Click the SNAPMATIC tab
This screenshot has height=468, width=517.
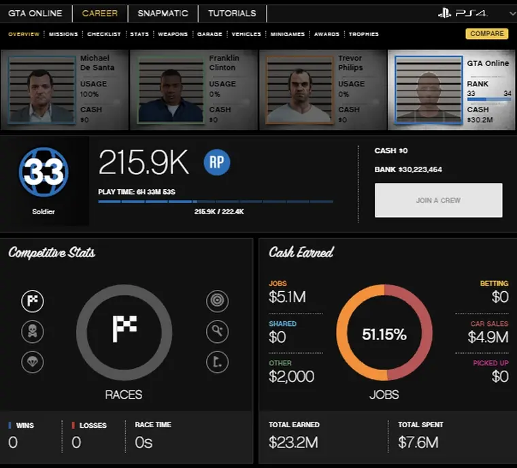(163, 13)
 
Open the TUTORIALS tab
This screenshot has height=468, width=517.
(232, 13)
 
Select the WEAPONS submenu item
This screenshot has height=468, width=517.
(173, 34)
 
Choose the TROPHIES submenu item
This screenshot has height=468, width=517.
(364, 34)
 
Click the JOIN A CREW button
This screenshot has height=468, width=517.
(438, 201)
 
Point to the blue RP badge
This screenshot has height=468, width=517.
(217, 163)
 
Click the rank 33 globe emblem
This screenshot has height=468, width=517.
(44, 173)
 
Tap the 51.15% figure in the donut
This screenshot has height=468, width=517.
(384, 334)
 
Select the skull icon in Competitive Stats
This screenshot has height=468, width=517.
(33, 332)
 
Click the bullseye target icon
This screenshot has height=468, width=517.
(217, 301)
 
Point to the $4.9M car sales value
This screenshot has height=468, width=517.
(488, 337)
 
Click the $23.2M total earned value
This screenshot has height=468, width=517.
(293, 443)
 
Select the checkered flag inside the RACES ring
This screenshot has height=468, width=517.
(124, 329)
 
